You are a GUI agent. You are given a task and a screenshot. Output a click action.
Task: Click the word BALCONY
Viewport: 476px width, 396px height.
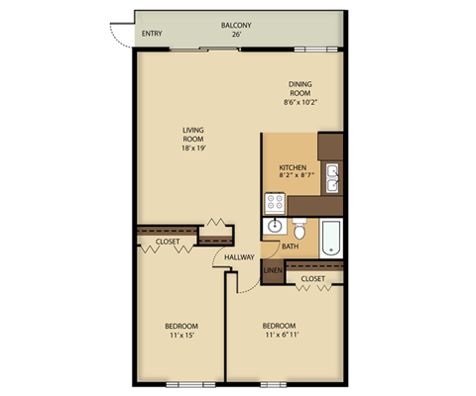coord(237,25)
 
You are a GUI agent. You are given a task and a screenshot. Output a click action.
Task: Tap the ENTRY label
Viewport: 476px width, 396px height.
coord(152,34)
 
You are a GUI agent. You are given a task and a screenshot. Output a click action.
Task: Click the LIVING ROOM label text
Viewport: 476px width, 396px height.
coord(194,134)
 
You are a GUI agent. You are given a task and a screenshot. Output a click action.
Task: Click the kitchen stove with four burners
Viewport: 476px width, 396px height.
coord(275,203)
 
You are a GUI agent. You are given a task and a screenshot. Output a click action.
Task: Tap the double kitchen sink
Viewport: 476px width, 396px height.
coord(335,178)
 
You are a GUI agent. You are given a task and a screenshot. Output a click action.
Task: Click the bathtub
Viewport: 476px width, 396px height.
coord(330,238)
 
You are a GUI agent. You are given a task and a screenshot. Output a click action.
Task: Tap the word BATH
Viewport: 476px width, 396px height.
coord(291,247)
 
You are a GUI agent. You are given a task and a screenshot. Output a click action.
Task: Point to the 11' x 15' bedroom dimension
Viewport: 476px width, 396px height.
coord(181,335)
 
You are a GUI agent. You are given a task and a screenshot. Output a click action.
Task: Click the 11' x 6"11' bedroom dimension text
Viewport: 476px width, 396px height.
coord(281,335)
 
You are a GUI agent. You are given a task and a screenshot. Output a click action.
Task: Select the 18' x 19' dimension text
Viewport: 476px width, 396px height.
coord(194,148)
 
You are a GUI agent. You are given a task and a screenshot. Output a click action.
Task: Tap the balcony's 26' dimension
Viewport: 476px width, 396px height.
coord(237,35)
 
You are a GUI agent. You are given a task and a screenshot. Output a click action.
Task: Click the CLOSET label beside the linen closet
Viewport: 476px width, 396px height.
coord(312,279)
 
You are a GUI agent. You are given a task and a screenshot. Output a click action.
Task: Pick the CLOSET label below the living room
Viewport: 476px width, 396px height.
coord(169,241)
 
